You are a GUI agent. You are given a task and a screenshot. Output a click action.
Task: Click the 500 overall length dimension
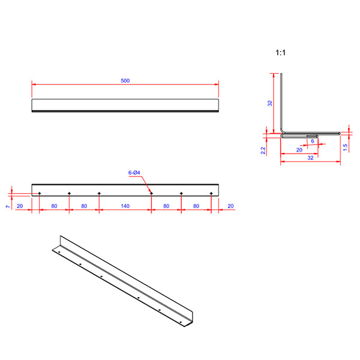point(125,80)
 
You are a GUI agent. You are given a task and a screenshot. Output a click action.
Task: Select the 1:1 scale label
point(280,53)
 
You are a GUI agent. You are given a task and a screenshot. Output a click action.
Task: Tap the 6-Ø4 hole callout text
point(134,173)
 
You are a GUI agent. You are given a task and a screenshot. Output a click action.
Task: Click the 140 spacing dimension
point(125,206)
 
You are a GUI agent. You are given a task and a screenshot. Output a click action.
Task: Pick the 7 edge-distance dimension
point(8,206)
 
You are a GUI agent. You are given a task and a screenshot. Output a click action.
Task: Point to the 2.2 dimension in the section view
point(263,150)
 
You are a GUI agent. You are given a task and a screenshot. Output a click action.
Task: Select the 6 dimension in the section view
point(313,142)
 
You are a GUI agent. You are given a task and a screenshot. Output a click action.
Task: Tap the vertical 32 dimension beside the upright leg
point(270,103)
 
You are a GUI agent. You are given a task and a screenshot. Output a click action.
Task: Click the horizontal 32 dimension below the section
point(310,158)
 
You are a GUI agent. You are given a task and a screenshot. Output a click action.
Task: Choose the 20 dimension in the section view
point(299,150)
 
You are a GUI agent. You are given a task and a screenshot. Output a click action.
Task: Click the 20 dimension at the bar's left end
point(20,206)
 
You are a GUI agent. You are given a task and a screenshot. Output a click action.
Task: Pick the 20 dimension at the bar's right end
point(230,206)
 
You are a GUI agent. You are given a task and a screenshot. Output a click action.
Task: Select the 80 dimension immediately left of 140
point(84,206)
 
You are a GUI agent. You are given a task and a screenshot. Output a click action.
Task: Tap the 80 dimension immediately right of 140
point(166,206)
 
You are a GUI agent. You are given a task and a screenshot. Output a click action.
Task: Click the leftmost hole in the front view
point(39,193)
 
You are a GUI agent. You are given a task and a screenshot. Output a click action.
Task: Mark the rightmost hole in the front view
point(211,193)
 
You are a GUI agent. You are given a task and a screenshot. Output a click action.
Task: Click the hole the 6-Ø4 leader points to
point(151,193)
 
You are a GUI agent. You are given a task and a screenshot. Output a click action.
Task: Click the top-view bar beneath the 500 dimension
point(125,105)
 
